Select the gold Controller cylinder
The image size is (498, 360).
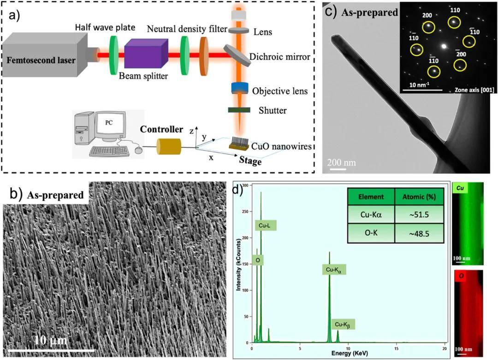168,147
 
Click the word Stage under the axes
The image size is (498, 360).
250,162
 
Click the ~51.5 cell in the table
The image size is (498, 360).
419,215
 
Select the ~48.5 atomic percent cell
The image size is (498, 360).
419,233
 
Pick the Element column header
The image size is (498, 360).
371,196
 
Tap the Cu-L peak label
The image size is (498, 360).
266,225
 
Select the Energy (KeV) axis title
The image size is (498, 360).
349,354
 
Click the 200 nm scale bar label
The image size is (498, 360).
342,162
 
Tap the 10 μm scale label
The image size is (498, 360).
50,341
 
